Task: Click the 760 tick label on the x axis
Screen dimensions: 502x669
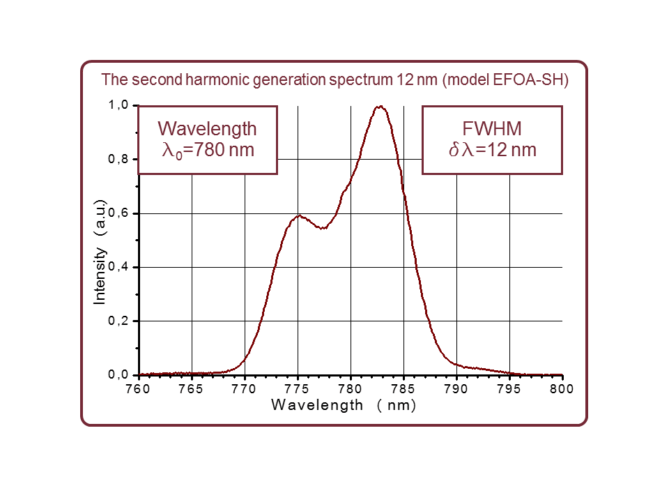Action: tap(138, 389)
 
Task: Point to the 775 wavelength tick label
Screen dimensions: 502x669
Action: tap(297, 389)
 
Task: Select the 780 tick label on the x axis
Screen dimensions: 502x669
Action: tap(350, 389)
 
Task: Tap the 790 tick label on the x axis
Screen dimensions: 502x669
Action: tap(456, 389)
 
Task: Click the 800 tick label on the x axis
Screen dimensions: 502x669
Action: tap(562, 389)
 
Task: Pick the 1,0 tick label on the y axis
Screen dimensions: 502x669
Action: tap(118, 105)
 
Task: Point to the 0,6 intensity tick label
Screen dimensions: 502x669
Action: tap(118, 213)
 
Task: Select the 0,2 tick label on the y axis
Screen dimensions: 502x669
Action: tap(118, 321)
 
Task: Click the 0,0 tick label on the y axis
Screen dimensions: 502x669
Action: tap(118, 375)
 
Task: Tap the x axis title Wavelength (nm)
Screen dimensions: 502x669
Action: tap(344, 405)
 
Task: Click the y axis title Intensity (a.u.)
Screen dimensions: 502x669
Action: tap(100, 252)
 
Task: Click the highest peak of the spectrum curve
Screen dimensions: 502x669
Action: tap(380, 107)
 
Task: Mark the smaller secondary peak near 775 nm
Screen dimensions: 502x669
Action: tap(298, 215)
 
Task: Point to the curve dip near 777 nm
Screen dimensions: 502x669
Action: tap(322, 228)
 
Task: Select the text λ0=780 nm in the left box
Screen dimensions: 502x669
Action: tap(208, 149)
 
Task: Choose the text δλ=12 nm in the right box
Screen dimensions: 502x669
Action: tap(492, 149)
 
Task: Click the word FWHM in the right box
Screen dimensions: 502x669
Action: tap(492, 129)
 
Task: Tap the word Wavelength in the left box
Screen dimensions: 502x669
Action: tap(208, 129)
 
